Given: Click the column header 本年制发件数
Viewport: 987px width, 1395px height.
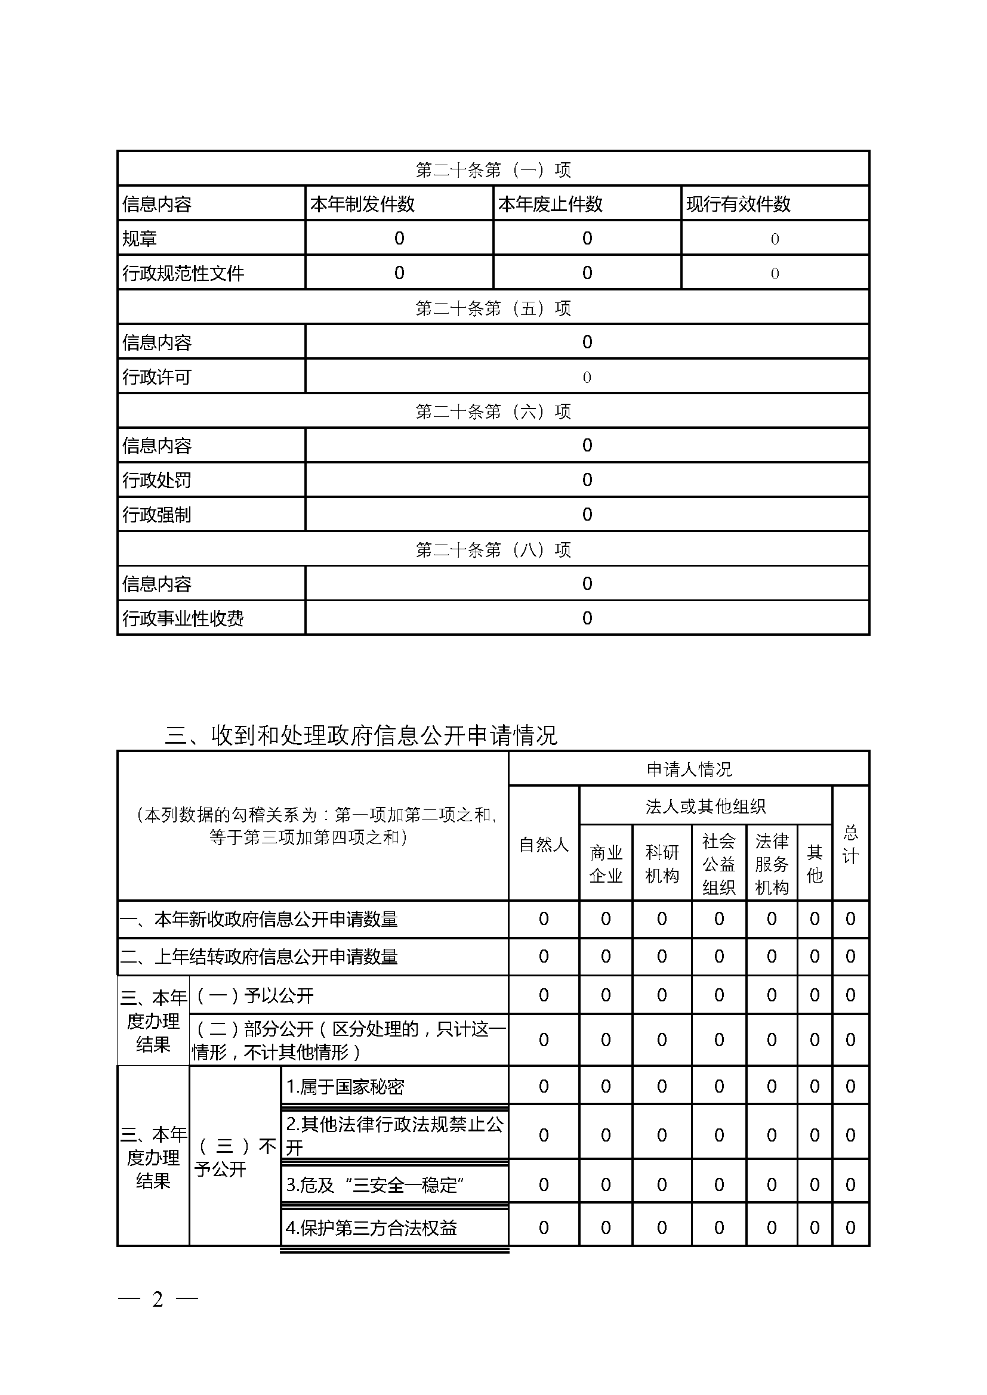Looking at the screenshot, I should point(362,203).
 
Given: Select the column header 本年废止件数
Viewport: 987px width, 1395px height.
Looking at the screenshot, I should point(550,203).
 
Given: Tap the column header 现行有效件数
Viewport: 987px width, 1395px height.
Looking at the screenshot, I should point(738,203).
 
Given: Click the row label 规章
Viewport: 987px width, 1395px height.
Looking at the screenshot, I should point(139,239).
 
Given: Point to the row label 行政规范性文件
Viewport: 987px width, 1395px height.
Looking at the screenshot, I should point(183,273).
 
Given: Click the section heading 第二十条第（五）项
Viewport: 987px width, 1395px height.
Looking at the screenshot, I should point(493,308).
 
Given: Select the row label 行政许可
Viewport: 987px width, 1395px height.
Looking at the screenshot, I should point(157,378).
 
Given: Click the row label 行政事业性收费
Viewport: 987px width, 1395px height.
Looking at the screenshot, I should point(183,618).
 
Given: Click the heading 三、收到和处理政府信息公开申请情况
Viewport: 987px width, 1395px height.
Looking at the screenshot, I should point(361,735).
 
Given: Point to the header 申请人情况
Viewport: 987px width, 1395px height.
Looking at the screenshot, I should point(689,769).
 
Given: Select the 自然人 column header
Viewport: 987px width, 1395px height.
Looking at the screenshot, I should point(544,845).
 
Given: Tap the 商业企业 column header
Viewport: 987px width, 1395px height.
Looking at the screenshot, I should point(606,864).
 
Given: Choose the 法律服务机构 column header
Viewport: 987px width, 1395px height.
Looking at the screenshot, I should point(771,864).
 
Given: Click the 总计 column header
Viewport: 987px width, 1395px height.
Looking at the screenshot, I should point(850,845).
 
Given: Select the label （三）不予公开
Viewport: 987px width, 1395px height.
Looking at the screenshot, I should point(235,1158).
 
